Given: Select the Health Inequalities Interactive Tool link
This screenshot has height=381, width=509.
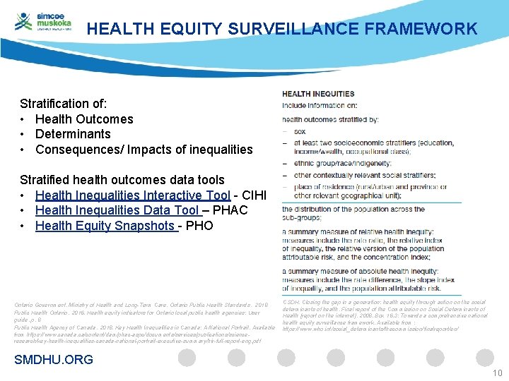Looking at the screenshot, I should (132, 195).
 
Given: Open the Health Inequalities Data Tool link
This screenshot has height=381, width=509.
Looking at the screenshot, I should (117, 210).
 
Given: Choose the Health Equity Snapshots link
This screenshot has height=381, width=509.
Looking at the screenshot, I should (105, 226).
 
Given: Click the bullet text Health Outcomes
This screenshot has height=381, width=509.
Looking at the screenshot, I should (84, 119).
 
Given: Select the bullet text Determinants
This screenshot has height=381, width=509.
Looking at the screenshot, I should (73, 134).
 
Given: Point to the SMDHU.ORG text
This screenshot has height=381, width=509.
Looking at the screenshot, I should (54, 360).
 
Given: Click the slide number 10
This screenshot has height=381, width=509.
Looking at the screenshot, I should (497, 373).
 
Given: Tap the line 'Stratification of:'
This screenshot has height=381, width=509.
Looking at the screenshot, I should (64, 104).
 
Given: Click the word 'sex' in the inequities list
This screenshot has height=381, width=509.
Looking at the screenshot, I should (299, 131).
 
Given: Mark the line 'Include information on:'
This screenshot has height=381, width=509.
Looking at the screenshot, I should (320, 105).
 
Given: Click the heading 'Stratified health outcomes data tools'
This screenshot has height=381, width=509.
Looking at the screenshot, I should (122, 180).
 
